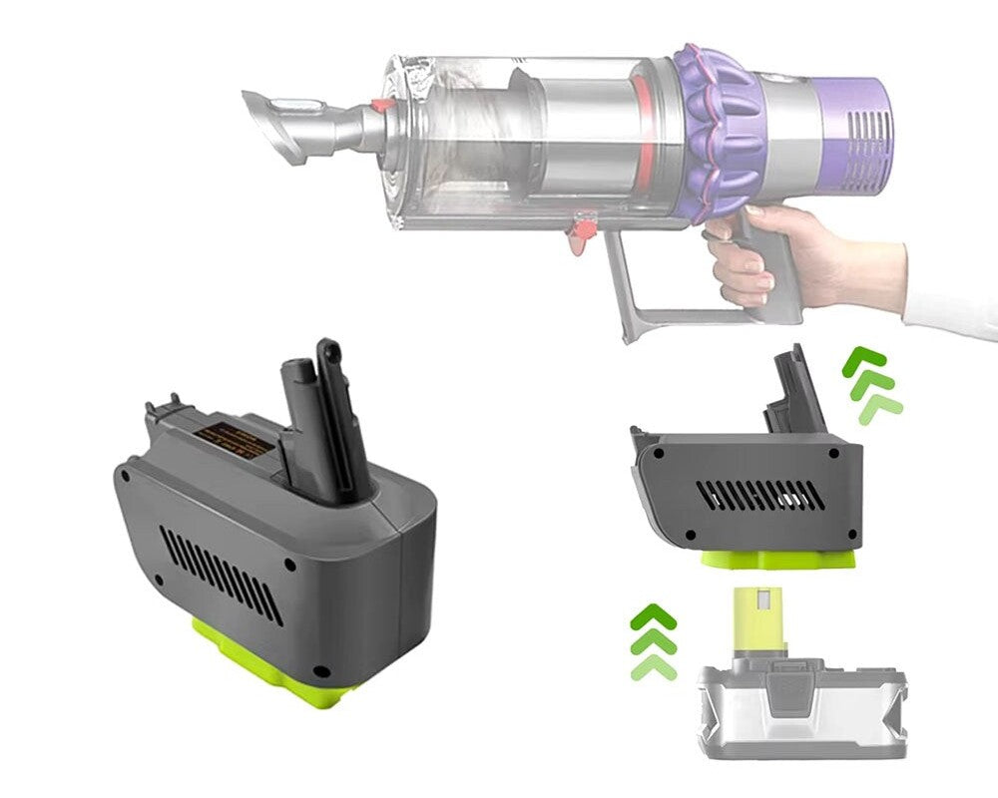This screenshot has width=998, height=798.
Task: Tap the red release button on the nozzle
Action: coord(378,135)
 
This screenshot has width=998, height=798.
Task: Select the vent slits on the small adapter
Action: coord(758,495)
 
